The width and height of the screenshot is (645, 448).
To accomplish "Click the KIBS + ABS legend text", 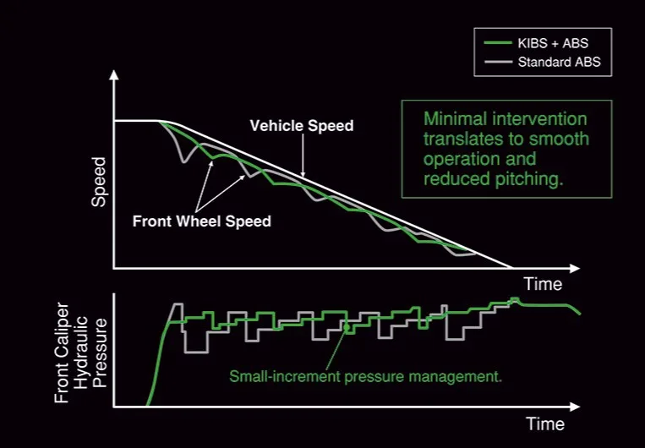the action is tap(553, 43).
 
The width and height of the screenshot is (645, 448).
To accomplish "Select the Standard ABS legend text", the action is tap(559, 62).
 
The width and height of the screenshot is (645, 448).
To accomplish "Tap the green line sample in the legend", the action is tap(498, 43).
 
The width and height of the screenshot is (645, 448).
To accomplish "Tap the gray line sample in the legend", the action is tap(498, 62).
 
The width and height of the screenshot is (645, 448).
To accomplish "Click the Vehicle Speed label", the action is tap(302, 125).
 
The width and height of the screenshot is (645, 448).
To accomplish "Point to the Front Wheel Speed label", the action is tap(201, 221).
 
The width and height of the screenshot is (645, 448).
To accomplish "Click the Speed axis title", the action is tap(99, 182).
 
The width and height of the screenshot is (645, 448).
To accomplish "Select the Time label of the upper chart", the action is tap(543, 284).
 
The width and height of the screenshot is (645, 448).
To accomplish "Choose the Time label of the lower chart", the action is tap(545, 423).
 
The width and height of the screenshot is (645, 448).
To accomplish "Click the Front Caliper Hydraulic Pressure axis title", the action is tap(80, 352).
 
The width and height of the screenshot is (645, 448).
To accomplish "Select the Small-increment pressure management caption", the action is tap(365, 376).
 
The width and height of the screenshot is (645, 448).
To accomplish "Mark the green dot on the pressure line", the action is tap(347, 327).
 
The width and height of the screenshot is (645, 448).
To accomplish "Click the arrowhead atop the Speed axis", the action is tap(114, 75).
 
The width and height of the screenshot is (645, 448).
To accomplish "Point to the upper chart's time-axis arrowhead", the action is tap(574, 269).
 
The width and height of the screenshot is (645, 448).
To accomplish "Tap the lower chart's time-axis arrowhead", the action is tap(574, 407).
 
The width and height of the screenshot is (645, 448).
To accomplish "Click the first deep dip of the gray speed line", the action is tap(184, 161).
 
